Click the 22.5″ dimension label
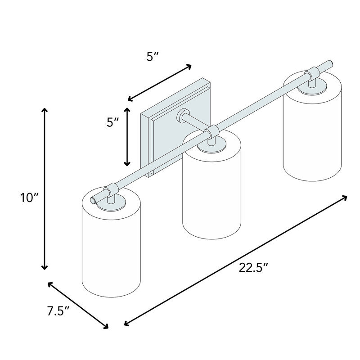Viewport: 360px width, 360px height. point(253,268)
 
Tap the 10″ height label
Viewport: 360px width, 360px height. point(30,198)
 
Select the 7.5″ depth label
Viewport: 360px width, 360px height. point(58,311)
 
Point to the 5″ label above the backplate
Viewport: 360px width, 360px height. point(153,57)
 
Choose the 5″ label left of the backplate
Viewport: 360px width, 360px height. point(113,122)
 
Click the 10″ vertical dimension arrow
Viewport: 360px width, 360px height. point(44,189)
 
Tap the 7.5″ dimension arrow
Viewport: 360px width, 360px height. point(78,306)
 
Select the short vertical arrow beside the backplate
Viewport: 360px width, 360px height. point(127,137)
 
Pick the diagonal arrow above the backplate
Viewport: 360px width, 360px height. point(160,83)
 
